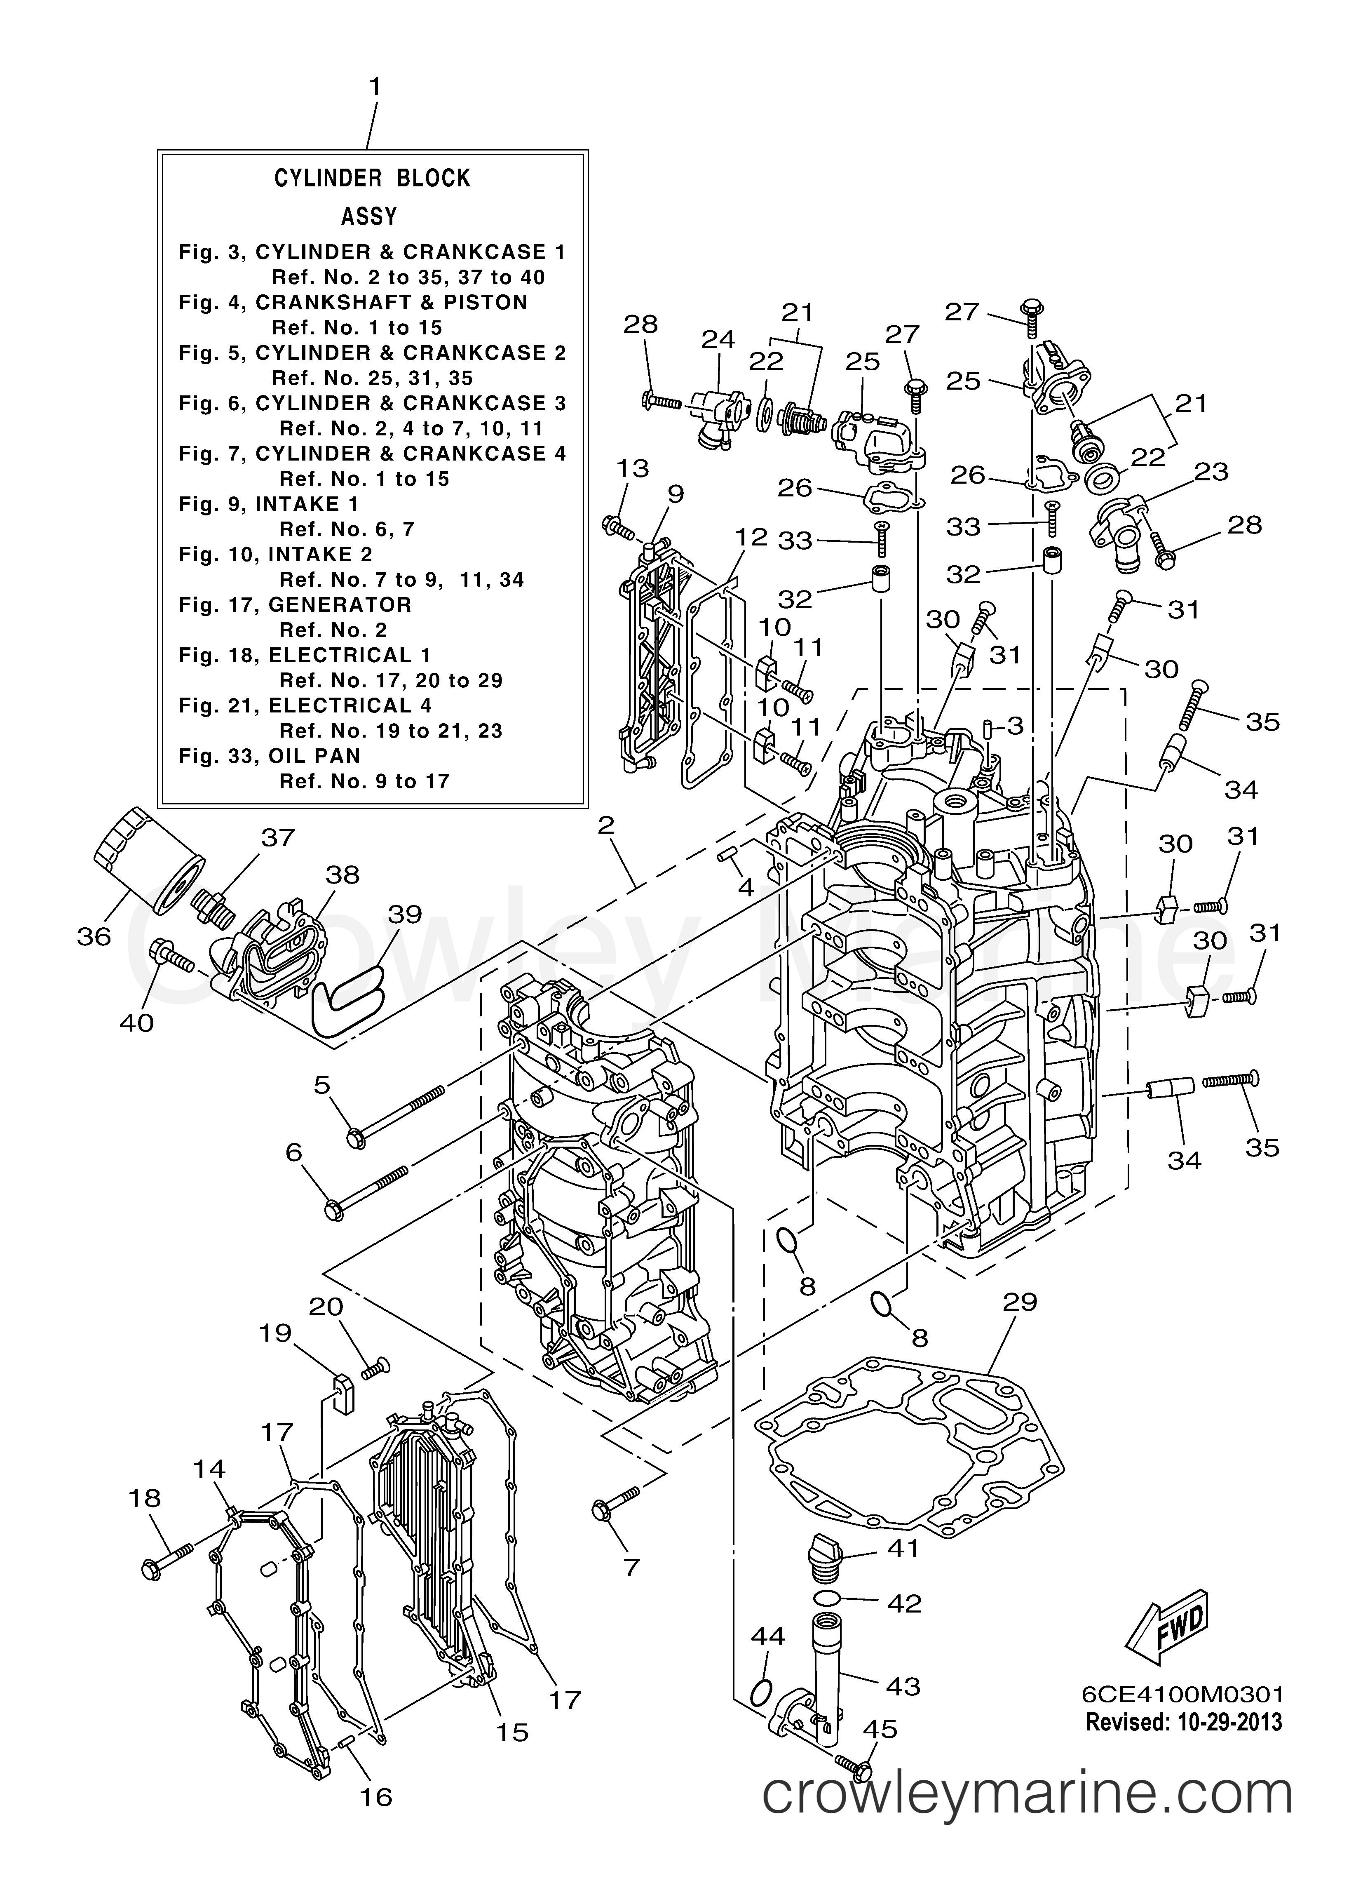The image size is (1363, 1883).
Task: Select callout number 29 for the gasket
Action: point(1020,1302)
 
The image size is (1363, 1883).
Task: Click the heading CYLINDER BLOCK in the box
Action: point(373,179)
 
